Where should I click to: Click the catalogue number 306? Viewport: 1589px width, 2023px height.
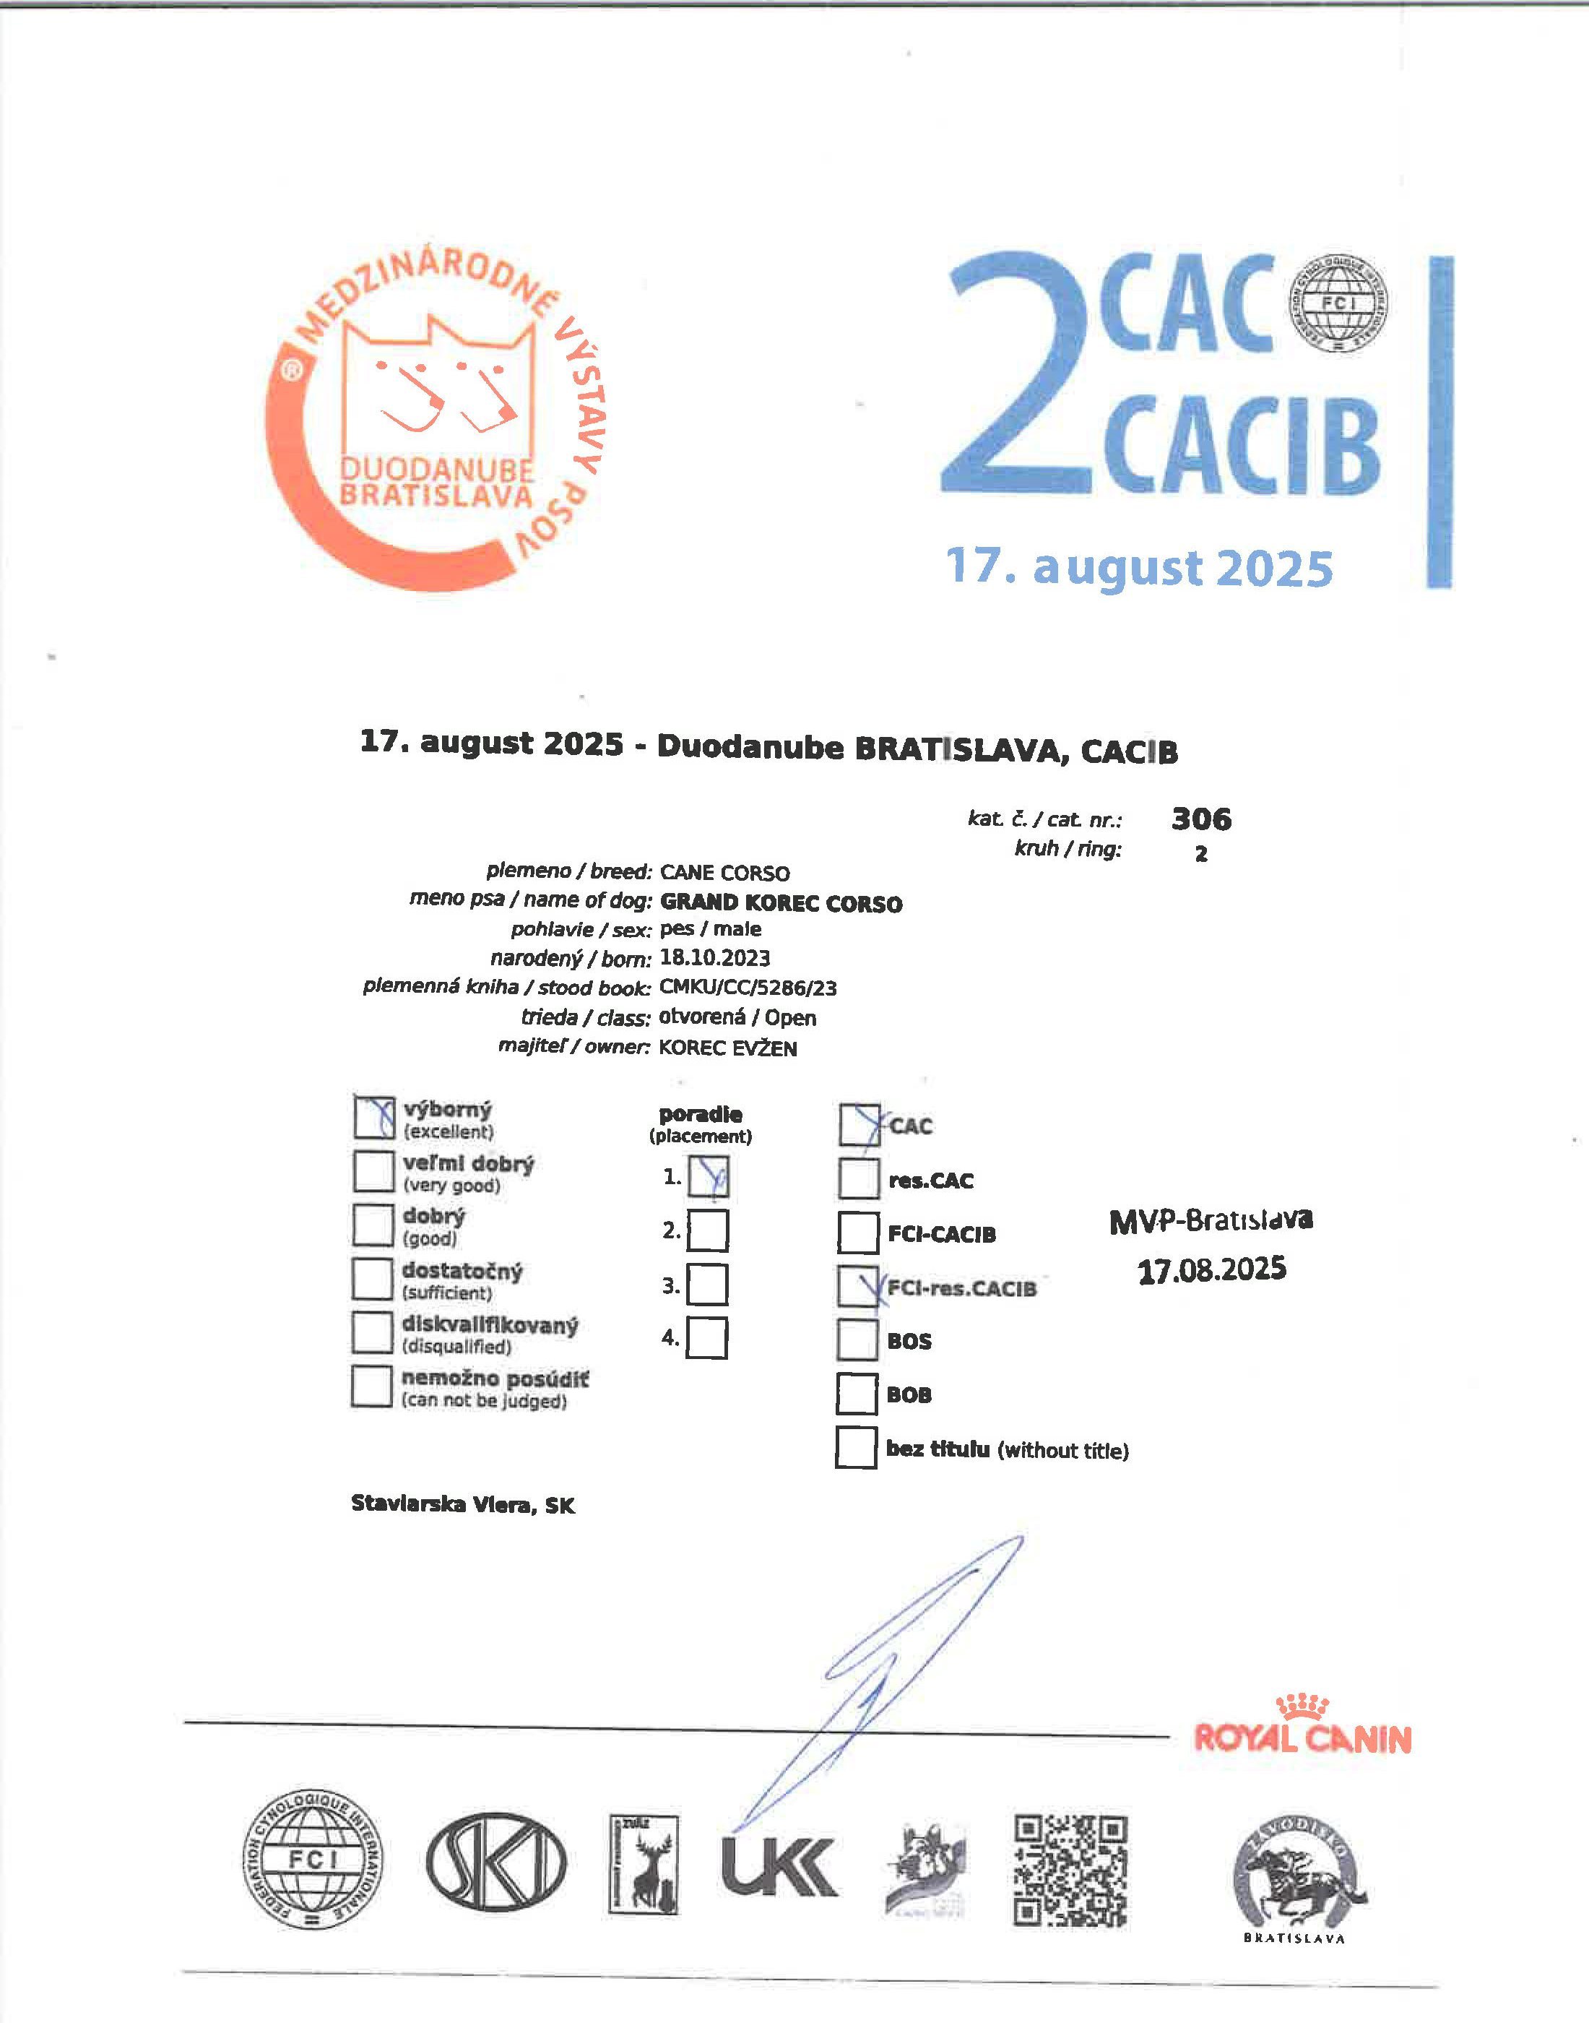(x=1201, y=819)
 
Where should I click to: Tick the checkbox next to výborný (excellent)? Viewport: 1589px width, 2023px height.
(x=374, y=1118)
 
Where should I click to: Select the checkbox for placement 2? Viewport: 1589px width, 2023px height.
(x=708, y=1231)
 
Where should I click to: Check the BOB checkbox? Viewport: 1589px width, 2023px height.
(x=856, y=1394)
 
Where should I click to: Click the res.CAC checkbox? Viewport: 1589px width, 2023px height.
(x=858, y=1179)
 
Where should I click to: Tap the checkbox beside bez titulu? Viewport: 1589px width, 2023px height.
(x=856, y=1448)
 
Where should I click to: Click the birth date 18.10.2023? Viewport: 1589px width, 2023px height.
(x=714, y=957)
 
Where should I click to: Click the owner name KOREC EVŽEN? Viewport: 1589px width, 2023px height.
(x=727, y=1048)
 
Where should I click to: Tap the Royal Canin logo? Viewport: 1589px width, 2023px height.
(x=1302, y=1727)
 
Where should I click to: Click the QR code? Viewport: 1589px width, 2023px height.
(x=1071, y=1871)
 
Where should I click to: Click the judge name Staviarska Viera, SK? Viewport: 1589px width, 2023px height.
(x=462, y=1505)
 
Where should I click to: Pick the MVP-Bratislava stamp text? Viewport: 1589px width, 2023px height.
(x=1211, y=1220)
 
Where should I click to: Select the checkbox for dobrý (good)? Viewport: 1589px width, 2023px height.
(x=373, y=1225)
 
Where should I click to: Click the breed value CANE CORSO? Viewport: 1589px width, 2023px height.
(x=724, y=873)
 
